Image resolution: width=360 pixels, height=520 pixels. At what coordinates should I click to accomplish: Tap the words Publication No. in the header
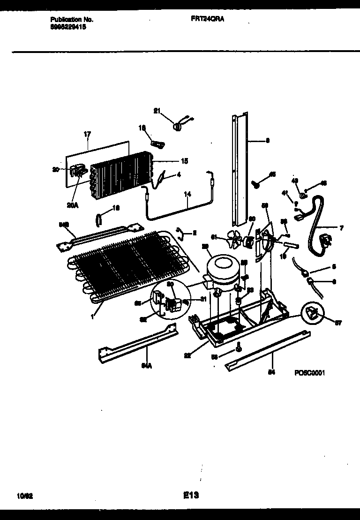pyautogui.click(x=72, y=20)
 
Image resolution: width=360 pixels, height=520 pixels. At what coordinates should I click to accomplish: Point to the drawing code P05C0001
pyautogui.click(x=310, y=373)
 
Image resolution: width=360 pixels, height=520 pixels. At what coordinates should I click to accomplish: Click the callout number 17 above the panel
pyautogui.click(x=87, y=134)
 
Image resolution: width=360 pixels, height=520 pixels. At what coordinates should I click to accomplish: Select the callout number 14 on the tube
pyautogui.click(x=187, y=194)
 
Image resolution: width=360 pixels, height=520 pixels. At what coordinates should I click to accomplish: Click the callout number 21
pyautogui.click(x=157, y=111)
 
